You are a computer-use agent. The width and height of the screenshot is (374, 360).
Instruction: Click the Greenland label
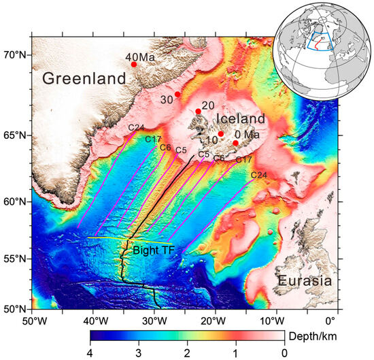pyautogui.click(x=84, y=79)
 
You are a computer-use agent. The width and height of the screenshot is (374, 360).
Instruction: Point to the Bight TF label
pyautogui.click(x=156, y=250)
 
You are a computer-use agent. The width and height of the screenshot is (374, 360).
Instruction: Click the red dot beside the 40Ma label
pyautogui.click(x=134, y=65)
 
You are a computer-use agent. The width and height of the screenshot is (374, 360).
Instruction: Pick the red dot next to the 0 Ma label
pyautogui.click(x=236, y=143)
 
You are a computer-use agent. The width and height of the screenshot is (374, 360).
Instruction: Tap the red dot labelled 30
pyautogui.click(x=177, y=95)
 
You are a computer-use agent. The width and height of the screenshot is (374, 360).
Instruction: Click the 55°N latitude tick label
pyautogui.click(x=14, y=259)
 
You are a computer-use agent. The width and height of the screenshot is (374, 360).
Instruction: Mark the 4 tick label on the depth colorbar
pyautogui.click(x=90, y=353)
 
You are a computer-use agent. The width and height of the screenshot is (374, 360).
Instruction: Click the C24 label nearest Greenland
pyautogui.click(x=135, y=127)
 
